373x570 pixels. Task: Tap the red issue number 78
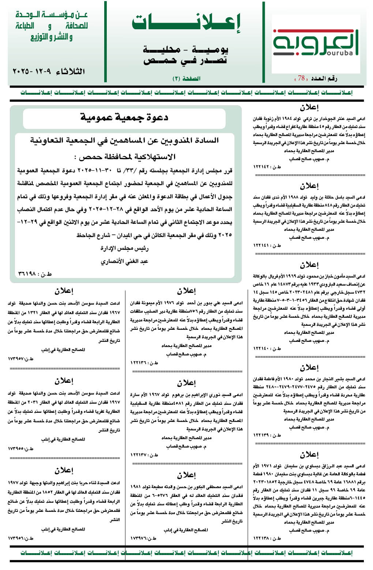coord(301,78)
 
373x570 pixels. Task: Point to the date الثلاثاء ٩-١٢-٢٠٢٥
coord(49,71)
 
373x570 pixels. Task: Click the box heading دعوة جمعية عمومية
coord(124,117)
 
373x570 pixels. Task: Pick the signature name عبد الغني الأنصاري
coord(124,261)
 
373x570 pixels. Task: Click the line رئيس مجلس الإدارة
coord(124,249)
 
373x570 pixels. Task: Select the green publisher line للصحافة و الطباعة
coord(52,26)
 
